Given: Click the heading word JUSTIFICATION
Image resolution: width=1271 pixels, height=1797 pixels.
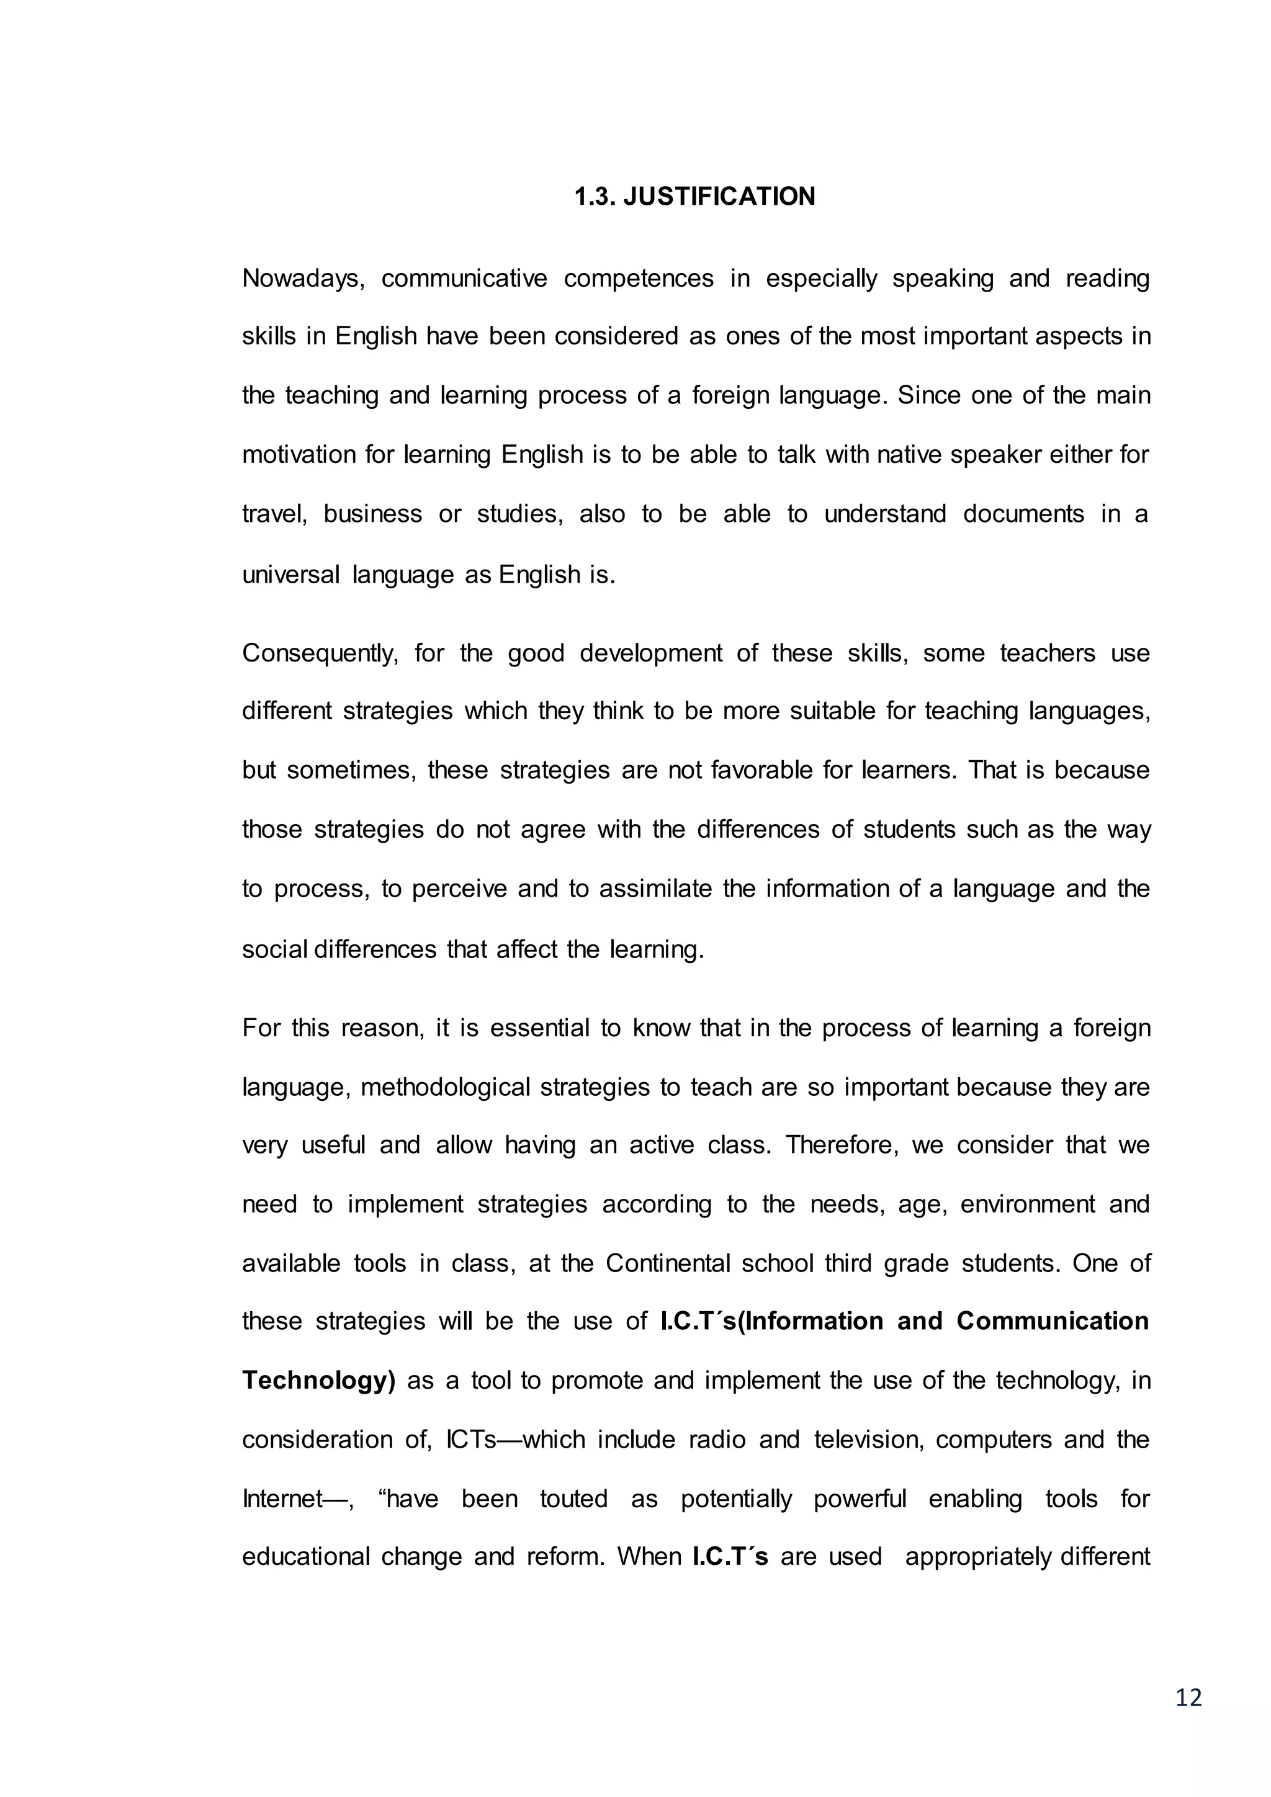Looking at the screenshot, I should (x=719, y=197).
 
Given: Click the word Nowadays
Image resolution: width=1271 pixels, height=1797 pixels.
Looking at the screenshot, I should (x=303, y=279).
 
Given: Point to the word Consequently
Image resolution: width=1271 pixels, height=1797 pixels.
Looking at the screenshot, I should (x=320, y=653).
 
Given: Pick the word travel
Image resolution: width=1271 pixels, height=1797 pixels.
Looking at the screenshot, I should (x=273, y=514).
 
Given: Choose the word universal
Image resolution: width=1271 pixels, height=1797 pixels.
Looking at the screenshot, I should (x=290, y=575).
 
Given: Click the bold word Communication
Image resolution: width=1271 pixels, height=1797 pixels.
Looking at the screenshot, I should (x=1052, y=1321).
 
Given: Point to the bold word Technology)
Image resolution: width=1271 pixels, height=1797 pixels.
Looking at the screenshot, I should (x=318, y=1381).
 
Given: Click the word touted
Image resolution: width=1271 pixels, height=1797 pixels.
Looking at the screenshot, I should (x=573, y=1499).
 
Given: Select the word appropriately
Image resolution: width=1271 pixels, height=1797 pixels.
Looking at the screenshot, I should (x=977, y=1557).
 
